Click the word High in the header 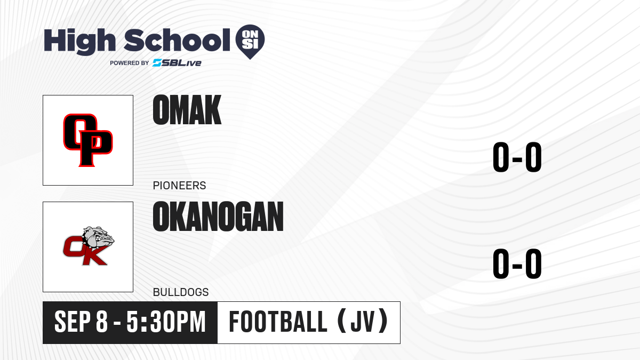click(x=79, y=41)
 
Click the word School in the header click(x=177, y=40)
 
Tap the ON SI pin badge click(x=250, y=42)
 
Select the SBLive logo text click(x=177, y=62)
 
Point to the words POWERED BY click(x=130, y=63)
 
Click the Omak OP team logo click(x=88, y=140)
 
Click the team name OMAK click(x=187, y=110)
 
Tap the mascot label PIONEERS click(x=179, y=186)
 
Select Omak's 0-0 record click(x=517, y=157)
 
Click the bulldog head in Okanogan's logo click(x=99, y=237)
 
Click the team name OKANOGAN click(x=218, y=217)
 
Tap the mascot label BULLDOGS click(x=181, y=292)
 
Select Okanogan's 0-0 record click(x=517, y=263)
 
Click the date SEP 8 click(x=81, y=322)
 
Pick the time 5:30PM click(x=166, y=322)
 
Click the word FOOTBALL click(x=278, y=322)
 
